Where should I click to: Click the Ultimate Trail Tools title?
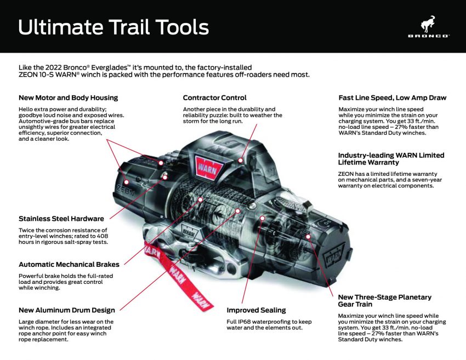[113, 27]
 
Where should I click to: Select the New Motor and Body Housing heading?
[68, 98]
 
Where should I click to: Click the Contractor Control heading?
[214, 98]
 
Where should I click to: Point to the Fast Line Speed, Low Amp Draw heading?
[392, 98]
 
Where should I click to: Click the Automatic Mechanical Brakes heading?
[69, 265]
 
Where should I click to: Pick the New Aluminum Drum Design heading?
[66, 310]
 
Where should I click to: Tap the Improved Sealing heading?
[256, 310]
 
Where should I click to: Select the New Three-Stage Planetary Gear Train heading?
[384, 300]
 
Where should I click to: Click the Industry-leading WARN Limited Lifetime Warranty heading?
[391, 159]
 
